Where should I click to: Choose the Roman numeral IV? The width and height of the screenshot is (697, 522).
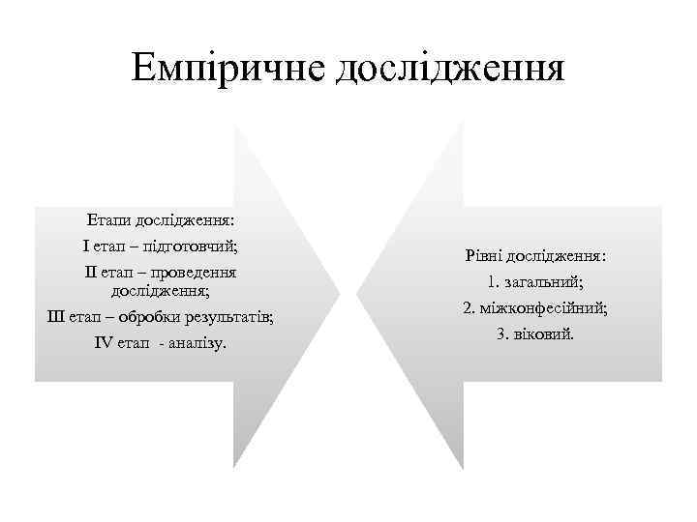(x=105, y=343)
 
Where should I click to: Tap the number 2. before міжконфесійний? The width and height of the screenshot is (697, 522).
(x=469, y=308)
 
